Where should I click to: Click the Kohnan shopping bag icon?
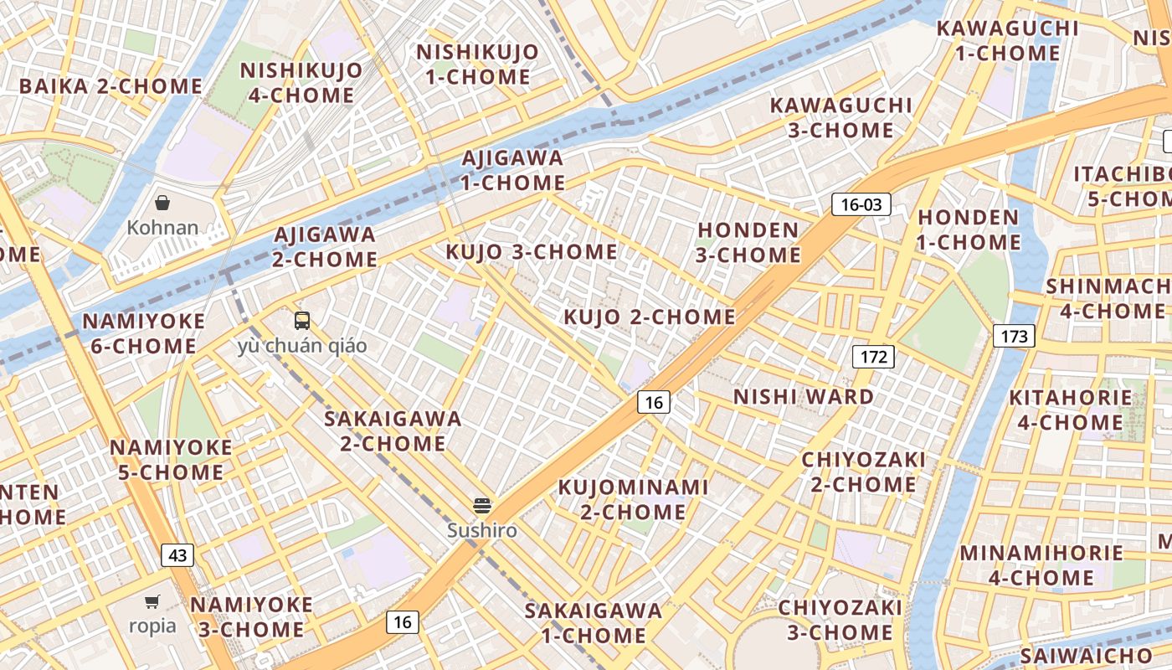[162, 203]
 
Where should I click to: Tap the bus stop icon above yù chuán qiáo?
[302, 321]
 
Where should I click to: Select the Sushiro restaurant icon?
[481, 505]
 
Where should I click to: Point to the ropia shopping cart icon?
[152, 601]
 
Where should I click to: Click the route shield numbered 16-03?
[861, 204]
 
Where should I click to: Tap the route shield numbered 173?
[1014, 337]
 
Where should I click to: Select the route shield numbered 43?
[177, 554]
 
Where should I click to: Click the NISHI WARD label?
[804, 396]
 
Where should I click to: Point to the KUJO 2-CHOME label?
[650, 317]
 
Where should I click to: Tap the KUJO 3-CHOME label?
[532, 252]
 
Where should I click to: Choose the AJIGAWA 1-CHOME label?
[513, 170]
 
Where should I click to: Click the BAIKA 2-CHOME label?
[111, 86]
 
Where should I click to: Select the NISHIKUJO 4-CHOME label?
[301, 83]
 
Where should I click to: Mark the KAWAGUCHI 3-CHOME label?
[840, 118]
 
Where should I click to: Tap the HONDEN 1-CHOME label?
[969, 229]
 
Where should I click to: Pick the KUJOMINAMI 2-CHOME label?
[634, 499]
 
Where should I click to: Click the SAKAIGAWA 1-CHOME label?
[594, 623]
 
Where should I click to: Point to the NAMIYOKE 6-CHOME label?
[144, 333]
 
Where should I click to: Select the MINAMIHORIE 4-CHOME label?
[1041, 565]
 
